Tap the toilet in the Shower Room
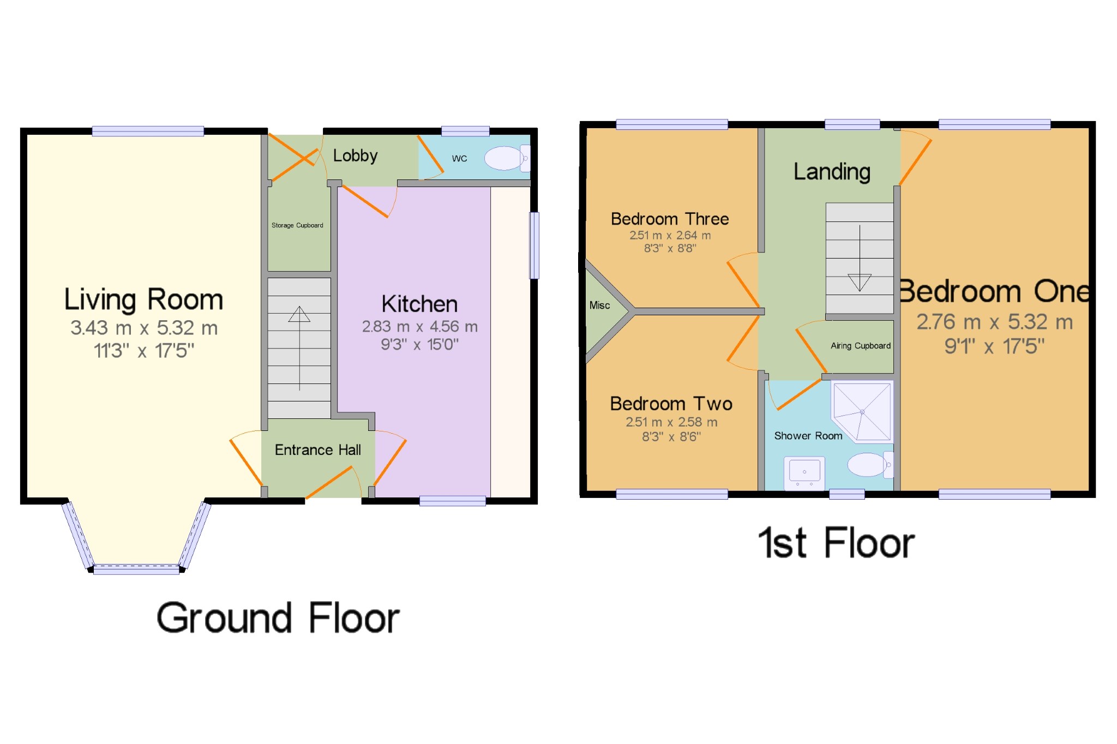(x=870, y=465)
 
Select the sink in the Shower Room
(x=804, y=473)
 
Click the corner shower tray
(x=862, y=411)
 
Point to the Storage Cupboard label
(x=297, y=225)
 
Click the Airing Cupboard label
(x=861, y=346)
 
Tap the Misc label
(x=599, y=305)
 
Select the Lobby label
(x=355, y=156)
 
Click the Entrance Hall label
(x=318, y=450)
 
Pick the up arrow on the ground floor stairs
(x=299, y=348)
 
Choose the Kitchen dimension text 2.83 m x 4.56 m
(x=420, y=327)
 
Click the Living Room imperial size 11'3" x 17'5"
(x=144, y=351)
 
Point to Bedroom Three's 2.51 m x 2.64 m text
(x=670, y=236)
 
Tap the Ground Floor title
(x=278, y=618)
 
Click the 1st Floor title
(x=836, y=543)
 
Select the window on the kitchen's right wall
(x=535, y=245)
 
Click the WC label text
(x=459, y=159)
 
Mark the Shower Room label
(x=808, y=436)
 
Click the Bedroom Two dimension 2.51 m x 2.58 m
(x=671, y=422)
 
